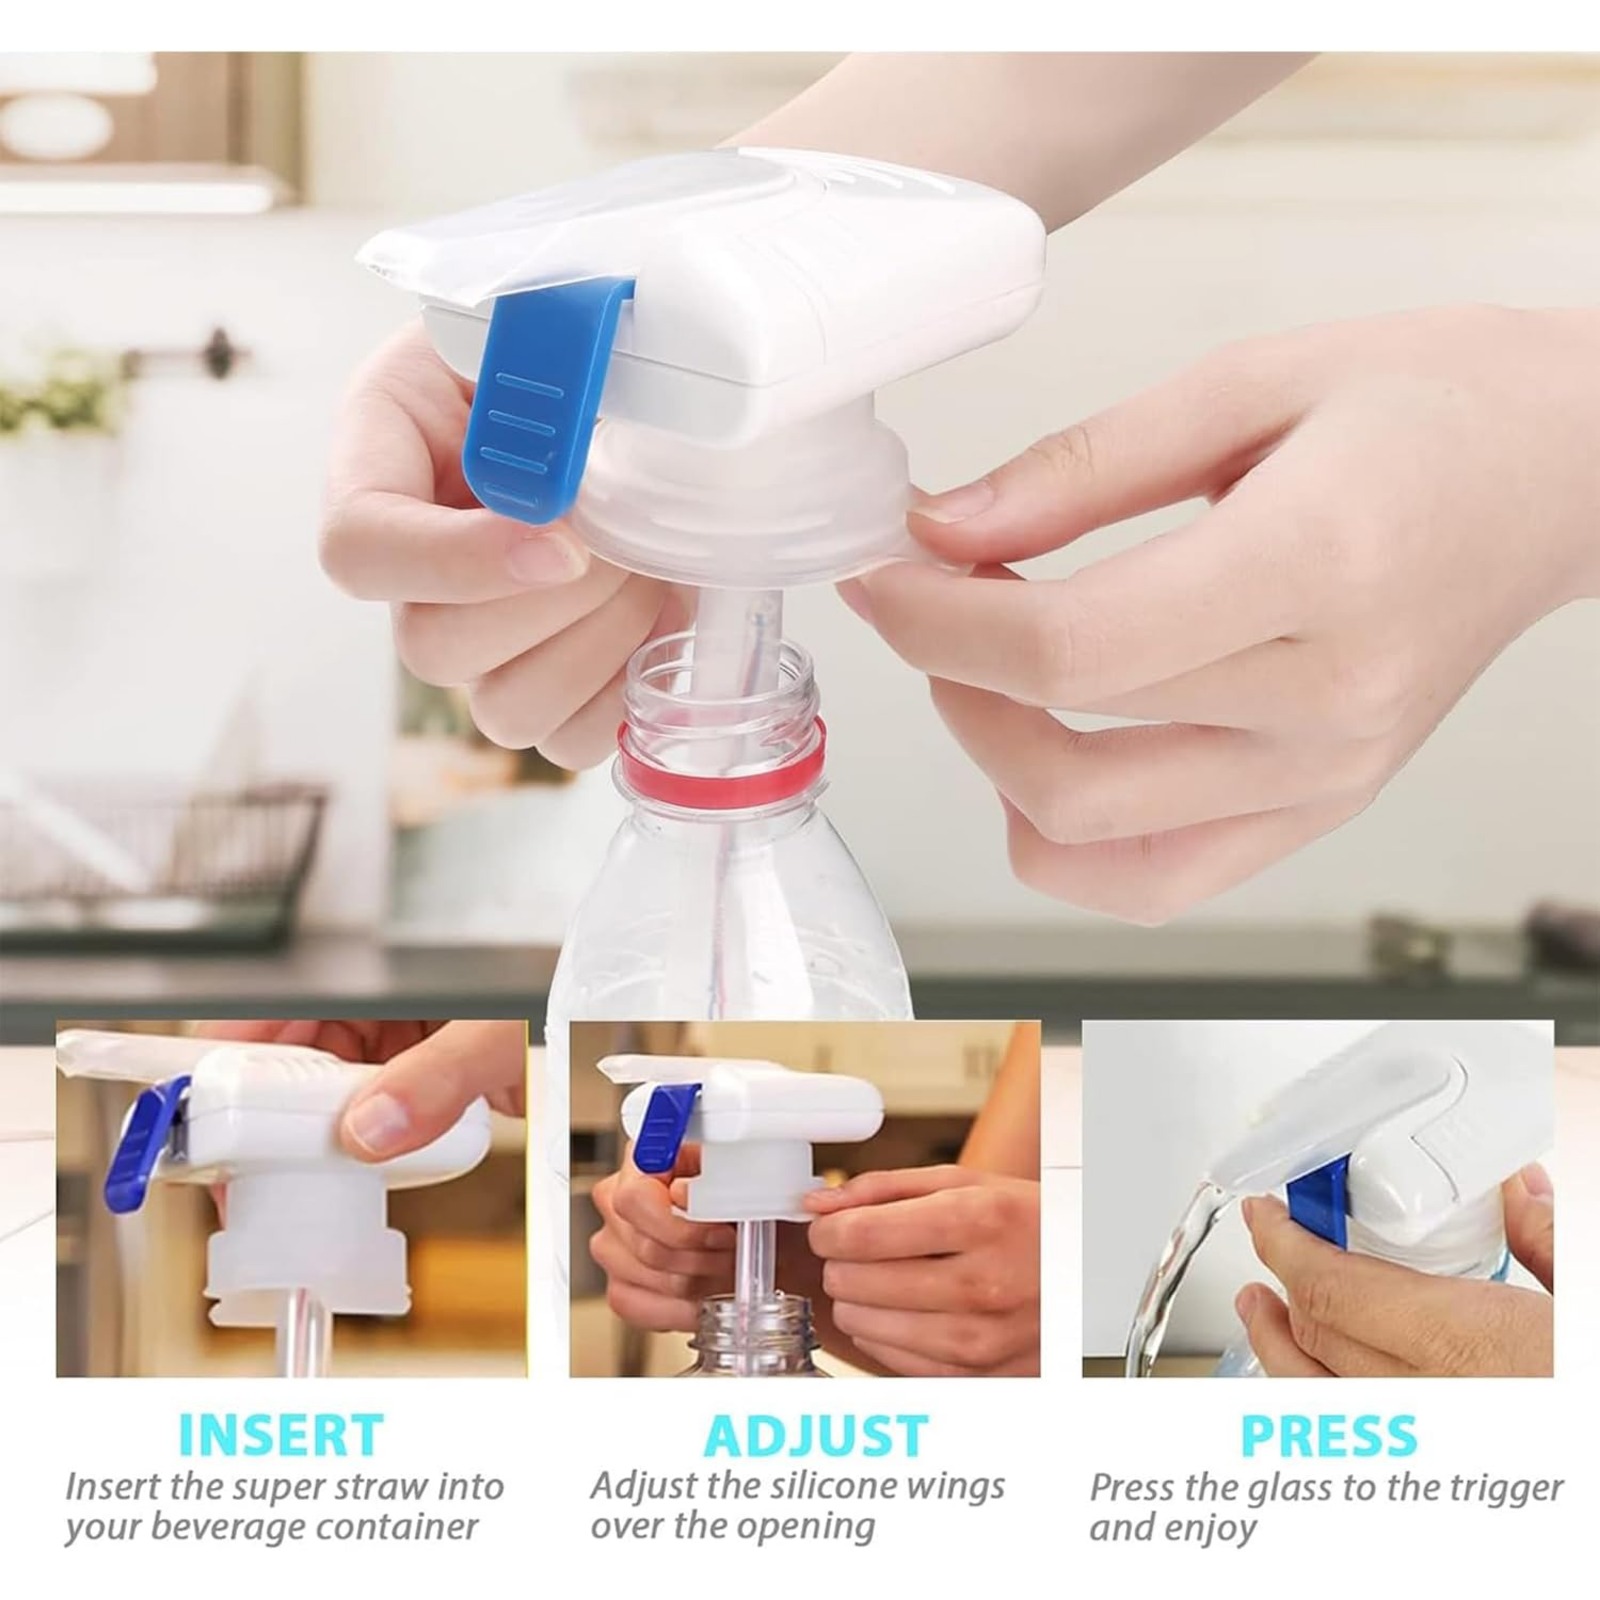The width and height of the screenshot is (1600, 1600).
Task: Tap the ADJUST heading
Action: (816, 1435)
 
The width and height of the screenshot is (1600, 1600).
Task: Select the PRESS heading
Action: (1329, 1435)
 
